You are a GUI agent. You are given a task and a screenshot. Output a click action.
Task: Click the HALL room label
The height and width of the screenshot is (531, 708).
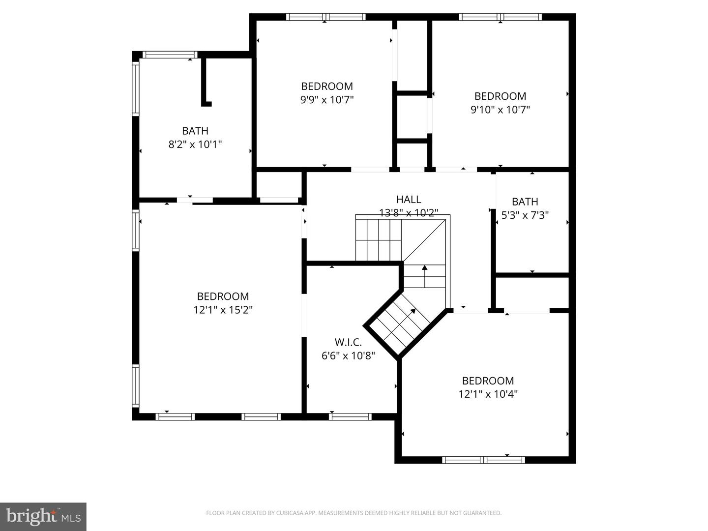(409, 199)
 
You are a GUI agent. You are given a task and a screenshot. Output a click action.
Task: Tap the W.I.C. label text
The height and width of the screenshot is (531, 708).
(348, 342)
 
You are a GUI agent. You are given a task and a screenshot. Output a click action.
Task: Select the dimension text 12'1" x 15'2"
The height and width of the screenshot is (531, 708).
(223, 310)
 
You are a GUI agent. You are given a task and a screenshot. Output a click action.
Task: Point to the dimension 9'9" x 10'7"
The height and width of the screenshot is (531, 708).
(327, 100)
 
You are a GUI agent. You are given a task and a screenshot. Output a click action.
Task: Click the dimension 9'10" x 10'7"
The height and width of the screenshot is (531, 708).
(500, 110)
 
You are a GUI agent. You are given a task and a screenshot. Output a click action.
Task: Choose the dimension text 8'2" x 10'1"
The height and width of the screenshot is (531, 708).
(195, 145)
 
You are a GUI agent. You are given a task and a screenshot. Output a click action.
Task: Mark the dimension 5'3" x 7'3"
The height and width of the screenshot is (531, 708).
(525, 215)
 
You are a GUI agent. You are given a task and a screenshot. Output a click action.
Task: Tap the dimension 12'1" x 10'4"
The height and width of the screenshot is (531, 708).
(488, 394)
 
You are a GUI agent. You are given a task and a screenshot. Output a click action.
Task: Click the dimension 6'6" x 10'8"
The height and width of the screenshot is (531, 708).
(348, 355)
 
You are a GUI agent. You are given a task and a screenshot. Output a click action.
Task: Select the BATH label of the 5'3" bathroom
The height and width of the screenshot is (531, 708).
(525, 202)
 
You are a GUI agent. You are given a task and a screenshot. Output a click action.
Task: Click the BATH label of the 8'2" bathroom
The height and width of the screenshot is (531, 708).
(195, 131)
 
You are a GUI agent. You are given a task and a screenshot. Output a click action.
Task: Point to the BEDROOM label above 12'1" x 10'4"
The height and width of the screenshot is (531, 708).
(488, 381)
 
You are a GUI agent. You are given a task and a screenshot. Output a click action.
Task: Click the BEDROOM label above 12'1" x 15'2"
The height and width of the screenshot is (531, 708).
(223, 296)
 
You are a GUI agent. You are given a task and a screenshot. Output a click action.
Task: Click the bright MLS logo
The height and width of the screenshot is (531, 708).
(43, 516)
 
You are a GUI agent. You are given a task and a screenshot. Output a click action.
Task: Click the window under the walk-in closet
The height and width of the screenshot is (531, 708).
(350, 416)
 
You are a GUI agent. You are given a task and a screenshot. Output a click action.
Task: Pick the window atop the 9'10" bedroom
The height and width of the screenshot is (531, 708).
(500, 17)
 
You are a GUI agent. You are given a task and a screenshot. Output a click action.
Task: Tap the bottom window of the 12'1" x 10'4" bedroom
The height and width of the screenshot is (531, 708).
(484, 460)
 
